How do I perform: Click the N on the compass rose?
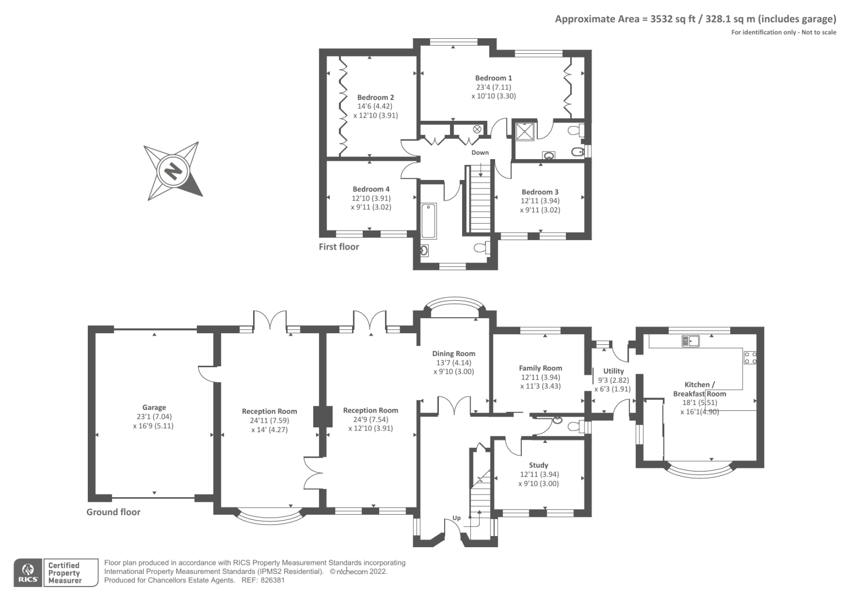coord(173,171)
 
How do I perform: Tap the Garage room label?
coord(154,407)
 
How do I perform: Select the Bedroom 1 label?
coord(494,78)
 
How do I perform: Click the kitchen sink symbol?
coord(690,341)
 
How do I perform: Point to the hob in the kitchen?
coord(750,358)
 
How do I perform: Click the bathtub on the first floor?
coord(429,221)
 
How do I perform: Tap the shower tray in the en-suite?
coord(524,131)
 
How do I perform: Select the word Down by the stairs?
coord(480,153)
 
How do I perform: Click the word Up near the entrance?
coord(456,518)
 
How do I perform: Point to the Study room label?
coord(538,465)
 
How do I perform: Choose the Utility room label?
coord(614,371)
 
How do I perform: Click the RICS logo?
coord(28,573)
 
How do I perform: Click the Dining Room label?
coord(454,353)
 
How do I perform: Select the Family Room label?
coord(540,368)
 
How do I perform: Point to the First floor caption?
coord(339,247)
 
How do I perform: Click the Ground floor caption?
coord(113,512)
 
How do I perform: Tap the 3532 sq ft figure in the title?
coord(674,19)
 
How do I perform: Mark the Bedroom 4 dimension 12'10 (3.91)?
coord(371,198)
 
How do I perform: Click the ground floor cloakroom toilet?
coord(576,427)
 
